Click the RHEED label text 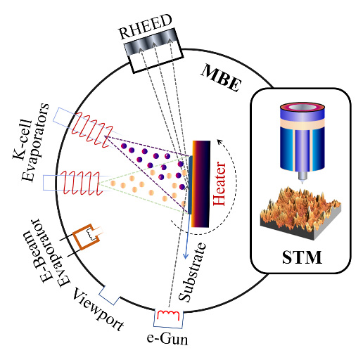(x=146, y=27)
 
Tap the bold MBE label (x=221, y=78)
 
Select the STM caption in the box (x=302, y=257)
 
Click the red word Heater (x=219, y=184)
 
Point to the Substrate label (x=192, y=272)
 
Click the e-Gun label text (x=167, y=339)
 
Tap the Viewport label (x=98, y=310)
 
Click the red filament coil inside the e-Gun (x=168, y=315)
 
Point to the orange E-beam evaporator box (x=86, y=237)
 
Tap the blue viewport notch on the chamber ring (x=109, y=295)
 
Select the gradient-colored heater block (x=200, y=184)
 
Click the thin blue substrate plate (x=190, y=185)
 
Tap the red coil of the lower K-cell (x=82, y=183)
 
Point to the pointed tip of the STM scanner (x=302, y=182)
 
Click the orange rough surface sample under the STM (x=300, y=213)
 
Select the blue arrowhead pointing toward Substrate (x=186, y=255)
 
